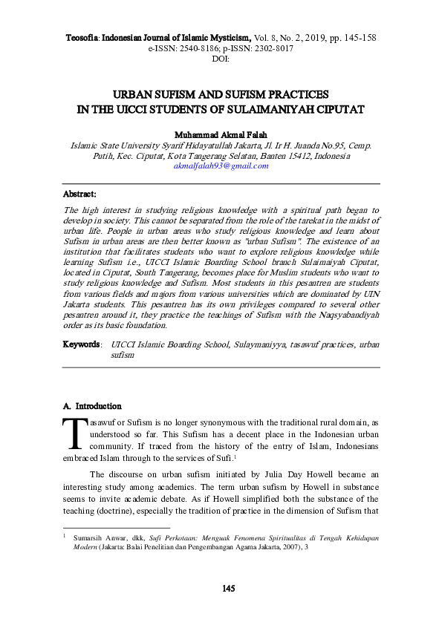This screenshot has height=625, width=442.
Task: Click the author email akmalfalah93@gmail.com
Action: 221,167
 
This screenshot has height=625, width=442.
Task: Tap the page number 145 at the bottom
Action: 229,589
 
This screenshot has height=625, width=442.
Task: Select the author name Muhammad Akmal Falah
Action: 221,136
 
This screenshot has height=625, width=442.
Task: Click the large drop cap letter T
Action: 75,434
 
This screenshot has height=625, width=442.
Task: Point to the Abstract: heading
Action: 80,194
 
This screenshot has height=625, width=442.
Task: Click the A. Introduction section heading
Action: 92,406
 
